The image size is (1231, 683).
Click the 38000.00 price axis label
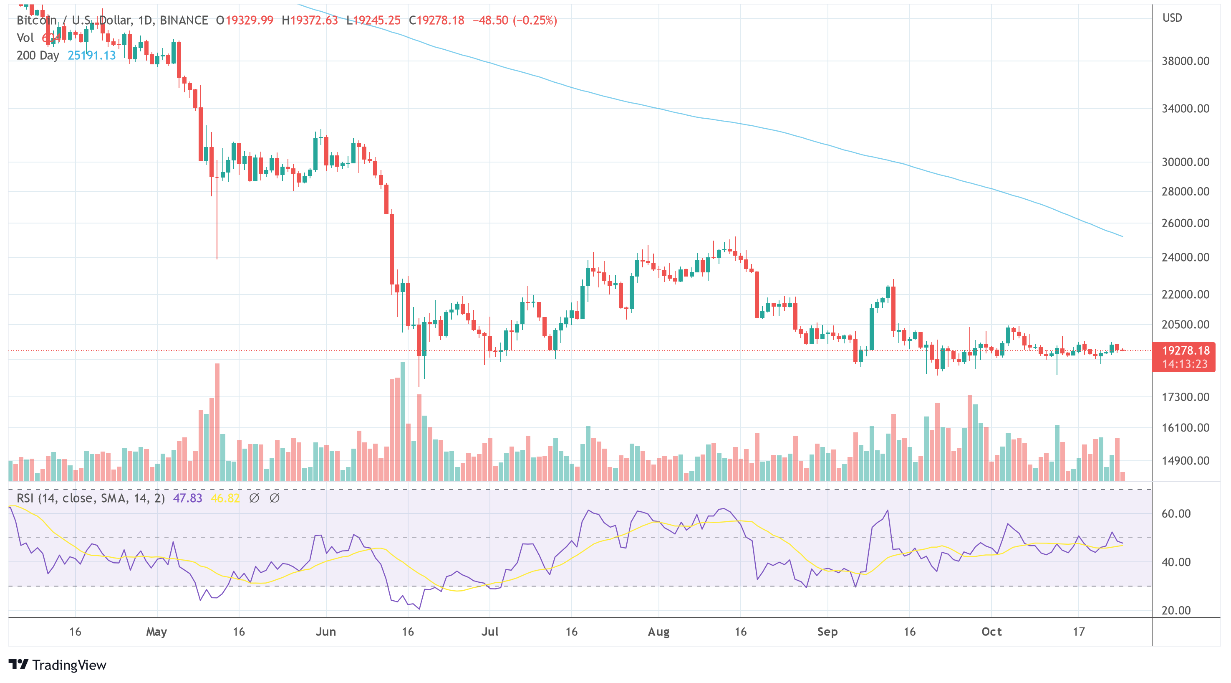tap(1185, 61)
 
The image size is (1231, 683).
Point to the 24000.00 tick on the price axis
tap(1185, 257)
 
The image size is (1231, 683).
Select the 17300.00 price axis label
tap(1185, 397)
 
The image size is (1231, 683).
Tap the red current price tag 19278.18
tap(1185, 350)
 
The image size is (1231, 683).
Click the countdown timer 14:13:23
tap(1185, 364)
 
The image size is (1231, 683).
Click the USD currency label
tap(1172, 18)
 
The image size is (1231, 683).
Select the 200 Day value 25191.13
tap(92, 56)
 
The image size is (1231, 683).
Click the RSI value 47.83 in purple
tap(187, 498)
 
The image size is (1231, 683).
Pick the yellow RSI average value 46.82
tap(225, 498)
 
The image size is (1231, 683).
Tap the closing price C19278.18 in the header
tap(436, 20)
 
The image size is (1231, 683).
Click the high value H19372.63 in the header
tap(310, 20)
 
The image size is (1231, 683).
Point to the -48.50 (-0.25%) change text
tap(515, 20)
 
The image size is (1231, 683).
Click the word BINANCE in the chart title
tap(184, 20)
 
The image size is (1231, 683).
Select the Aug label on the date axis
tap(658, 632)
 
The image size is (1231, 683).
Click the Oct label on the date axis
tap(991, 632)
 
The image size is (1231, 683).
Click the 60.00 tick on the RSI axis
tap(1176, 514)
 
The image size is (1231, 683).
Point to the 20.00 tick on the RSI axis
tap(1176, 610)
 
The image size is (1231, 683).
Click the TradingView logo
tap(57, 665)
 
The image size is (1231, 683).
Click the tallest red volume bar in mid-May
tap(217, 421)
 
